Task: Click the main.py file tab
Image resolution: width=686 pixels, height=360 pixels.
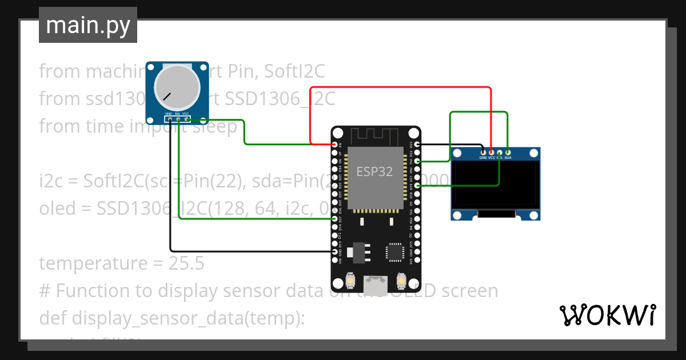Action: pos(87,25)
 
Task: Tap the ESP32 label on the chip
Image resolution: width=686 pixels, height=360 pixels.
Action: pos(374,171)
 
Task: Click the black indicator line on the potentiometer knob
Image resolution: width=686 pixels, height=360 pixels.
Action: pos(166,96)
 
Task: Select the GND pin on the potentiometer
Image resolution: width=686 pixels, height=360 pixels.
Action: pos(169,119)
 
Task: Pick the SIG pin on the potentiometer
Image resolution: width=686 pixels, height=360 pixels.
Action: pos(178,119)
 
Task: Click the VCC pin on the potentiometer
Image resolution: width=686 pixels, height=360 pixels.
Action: pos(186,119)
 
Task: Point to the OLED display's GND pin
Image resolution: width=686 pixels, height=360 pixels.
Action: pos(483,153)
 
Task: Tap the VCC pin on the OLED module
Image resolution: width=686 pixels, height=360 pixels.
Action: pos(491,153)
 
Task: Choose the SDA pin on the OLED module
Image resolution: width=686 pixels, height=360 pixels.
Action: pos(508,153)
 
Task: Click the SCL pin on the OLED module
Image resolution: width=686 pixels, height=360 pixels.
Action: pos(500,153)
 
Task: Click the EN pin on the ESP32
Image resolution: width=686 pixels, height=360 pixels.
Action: pos(334,145)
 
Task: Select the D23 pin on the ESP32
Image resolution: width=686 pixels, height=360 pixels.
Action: pos(418,145)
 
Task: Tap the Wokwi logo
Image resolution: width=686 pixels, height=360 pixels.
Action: pos(607,315)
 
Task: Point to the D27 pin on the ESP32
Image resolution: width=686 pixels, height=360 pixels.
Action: pos(334,219)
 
